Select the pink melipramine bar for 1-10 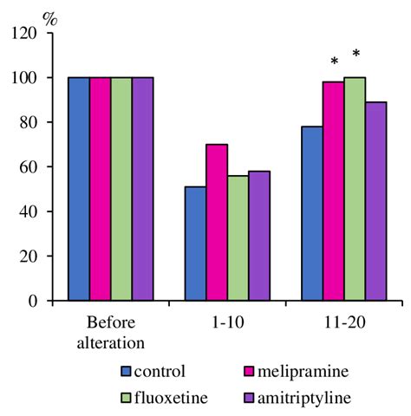(216, 222)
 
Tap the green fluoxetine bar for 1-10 (237, 237)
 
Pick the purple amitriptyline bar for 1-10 (258, 236)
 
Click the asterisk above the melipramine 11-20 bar (334, 62)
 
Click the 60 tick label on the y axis (30, 167)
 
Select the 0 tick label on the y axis (35, 302)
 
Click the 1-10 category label (226, 320)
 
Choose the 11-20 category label (344, 320)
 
